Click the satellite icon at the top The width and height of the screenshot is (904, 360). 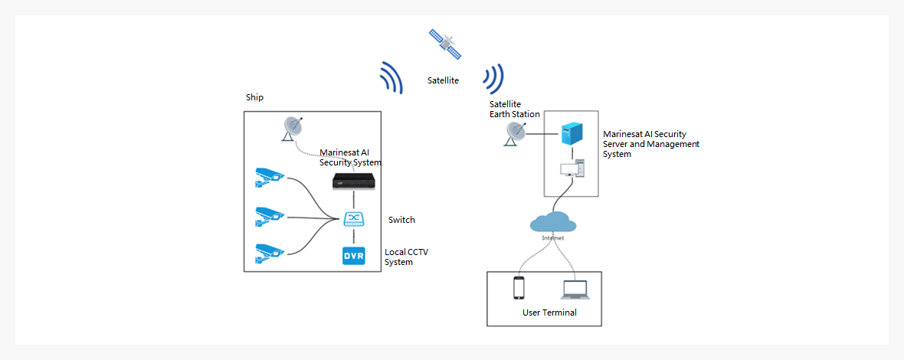[445, 44]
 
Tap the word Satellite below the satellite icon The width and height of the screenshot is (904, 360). [443, 80]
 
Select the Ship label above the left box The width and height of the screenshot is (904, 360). [254, 97]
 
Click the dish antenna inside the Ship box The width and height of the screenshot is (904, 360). [292, 128]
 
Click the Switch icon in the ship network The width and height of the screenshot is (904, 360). [353, 219]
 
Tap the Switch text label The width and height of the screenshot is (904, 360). [401, 220]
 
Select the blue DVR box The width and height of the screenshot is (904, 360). [353, 255]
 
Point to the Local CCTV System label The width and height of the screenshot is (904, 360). [405, 257]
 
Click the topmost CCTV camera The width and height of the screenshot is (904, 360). [269, 178]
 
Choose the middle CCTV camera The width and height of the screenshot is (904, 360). [269, 216]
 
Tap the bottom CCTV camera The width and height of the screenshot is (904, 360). [269, 253]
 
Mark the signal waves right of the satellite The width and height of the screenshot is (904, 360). [493, 78]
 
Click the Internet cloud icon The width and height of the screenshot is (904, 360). [553, 223]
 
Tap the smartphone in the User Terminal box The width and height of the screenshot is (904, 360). [519, 288]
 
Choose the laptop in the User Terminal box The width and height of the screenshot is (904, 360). [575, 290]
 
